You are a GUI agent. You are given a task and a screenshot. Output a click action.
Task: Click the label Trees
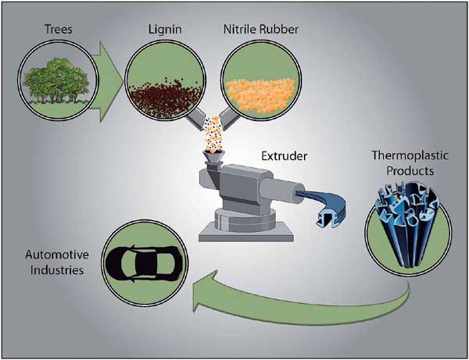tap(59, 29)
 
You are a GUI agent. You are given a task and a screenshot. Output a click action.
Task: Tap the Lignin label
tap(165, 30)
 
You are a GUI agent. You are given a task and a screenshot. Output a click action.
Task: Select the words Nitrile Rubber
tap(261, 29)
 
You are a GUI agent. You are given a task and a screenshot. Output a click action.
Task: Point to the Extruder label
tap(285, 155)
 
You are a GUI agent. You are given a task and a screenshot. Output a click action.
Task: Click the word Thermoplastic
tap(410, 155)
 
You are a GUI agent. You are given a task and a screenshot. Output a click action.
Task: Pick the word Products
tap(410, 171)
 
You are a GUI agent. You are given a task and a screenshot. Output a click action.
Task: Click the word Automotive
tap(57, 255)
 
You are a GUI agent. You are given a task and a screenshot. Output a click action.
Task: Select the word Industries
tap(57, 270)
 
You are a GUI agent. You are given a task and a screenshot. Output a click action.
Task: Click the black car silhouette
tap(144, 263)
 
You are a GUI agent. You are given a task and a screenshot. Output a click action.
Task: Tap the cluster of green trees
tap(55, 80)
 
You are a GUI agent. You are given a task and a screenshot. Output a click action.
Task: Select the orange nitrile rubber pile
tap(260, 95)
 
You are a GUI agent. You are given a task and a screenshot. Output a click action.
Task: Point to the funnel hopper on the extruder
tap(213, 157)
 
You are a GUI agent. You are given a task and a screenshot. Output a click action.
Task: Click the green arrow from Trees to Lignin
tap(107, 81)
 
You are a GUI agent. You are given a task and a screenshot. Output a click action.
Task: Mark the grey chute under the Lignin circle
tap(195, 119)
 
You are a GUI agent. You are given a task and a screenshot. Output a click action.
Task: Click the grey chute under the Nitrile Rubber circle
tap(229, 119)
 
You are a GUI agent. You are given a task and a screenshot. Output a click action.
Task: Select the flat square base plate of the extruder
tap(246, 233)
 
